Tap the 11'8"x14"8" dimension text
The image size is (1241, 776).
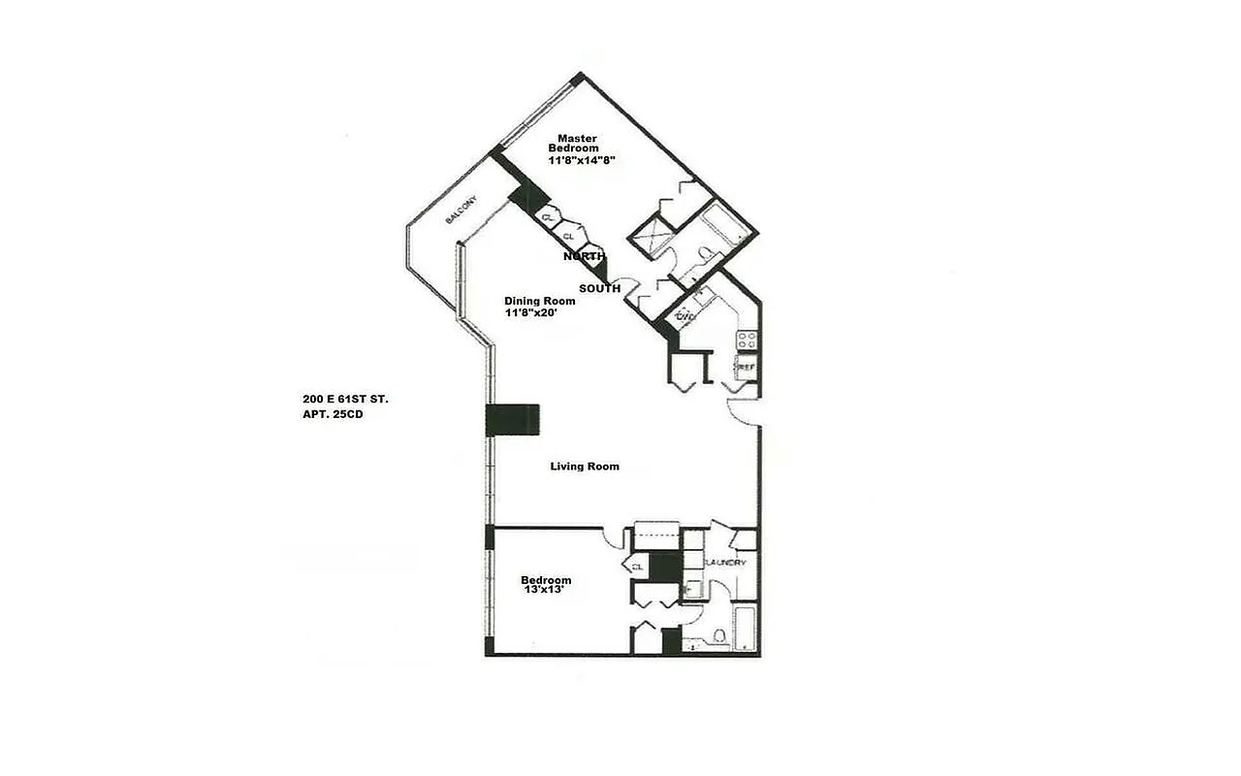pyautogui.click(x=582, y=161)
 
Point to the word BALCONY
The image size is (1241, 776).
pyautogui.click(x=461, y=211)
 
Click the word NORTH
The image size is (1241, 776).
pyautogui.click(x=585, y=256)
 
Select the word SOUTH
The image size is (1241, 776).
pyautogui.click(x=599, y=289)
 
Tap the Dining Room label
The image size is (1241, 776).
pyautogui.click(x=539, y=301)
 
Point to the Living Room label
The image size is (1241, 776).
pyautogui.click(x=585, y=467)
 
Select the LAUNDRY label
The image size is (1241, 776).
pyautogui.click(x=725, y=563)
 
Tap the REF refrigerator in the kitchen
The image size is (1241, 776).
pyautogui.click(x=747, y=367)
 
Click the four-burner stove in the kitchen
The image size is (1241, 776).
pyautogui.click(x=748, y=339)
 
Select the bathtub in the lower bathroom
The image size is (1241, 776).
pyautogui.click(x=745, y=629)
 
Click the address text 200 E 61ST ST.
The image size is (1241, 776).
pyautogui.click(x=345, y=399)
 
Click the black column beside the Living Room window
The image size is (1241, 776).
pyautogui.click(x=512, y=420)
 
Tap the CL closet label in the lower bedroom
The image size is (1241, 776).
pyautogui.click(x=637, y=566)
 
